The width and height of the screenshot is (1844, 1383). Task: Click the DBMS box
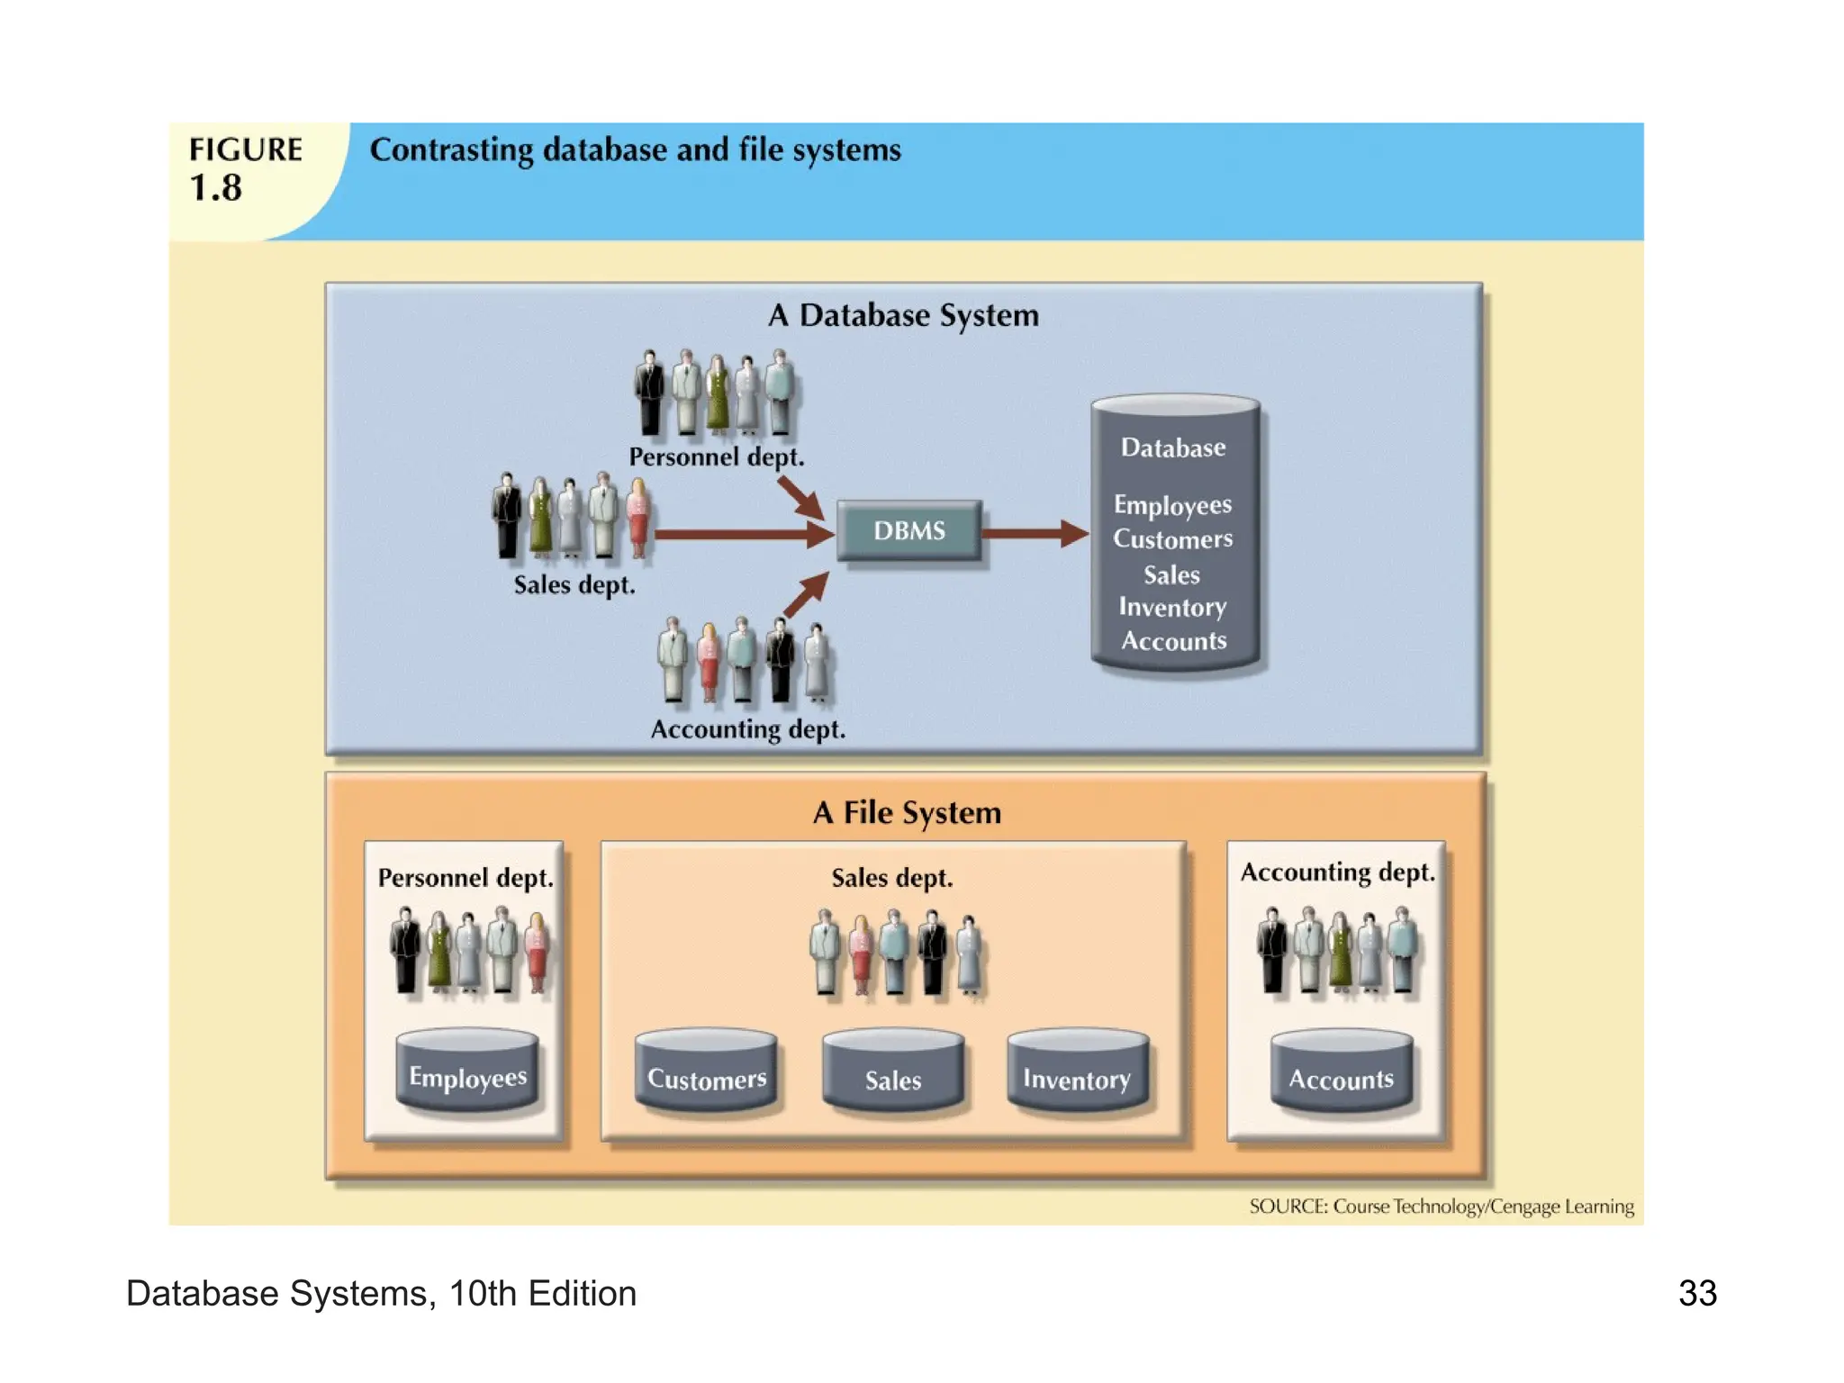tap(908, 531)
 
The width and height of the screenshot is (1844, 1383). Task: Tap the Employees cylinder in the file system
tap(467, 1071)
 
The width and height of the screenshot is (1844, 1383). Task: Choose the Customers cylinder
tap(706, 1073)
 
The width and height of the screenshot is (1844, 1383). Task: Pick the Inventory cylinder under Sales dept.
tap(1077, 1073)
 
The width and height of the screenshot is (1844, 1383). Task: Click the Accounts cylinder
tap(1341, 1073)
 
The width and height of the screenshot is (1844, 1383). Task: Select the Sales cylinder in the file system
tap(892, 1073)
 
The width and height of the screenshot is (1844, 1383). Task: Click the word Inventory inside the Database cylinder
tap(1172, 608)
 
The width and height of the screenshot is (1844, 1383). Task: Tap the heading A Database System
tap(903, 315)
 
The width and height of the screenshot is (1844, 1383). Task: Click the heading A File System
tap(907, 812)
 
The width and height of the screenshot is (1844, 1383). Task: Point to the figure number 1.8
tap(215, 187)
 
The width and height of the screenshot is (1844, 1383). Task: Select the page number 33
tap(1697, 1293)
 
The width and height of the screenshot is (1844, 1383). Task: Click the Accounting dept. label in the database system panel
tap(747, 728)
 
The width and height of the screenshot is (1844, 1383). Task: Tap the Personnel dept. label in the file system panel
tap(466, 877)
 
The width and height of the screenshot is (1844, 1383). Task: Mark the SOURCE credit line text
tap(1441, 1206)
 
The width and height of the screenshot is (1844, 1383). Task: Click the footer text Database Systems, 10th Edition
tap(381, 1293)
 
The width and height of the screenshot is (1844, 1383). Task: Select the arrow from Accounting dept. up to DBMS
tap(805, 594)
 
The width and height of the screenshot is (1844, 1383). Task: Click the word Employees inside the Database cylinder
tap(1172, 504)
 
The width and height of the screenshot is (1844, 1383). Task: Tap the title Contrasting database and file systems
tap(635, 149)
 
